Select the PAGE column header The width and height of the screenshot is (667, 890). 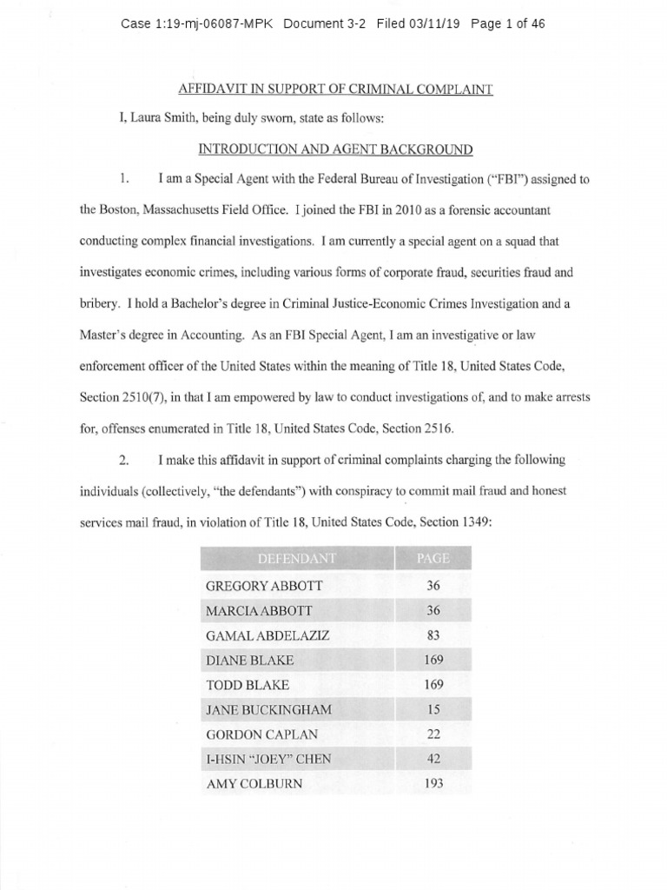click(433, 558)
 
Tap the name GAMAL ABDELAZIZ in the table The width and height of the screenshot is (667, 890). click(267, 635)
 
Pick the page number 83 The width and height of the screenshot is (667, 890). click(434, 635)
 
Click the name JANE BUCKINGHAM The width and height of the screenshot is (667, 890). click(268, 710)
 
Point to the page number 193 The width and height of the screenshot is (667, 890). click(434, 784)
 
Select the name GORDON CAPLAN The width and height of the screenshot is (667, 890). click(261, 734)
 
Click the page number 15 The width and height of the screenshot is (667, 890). click(434, 710)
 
